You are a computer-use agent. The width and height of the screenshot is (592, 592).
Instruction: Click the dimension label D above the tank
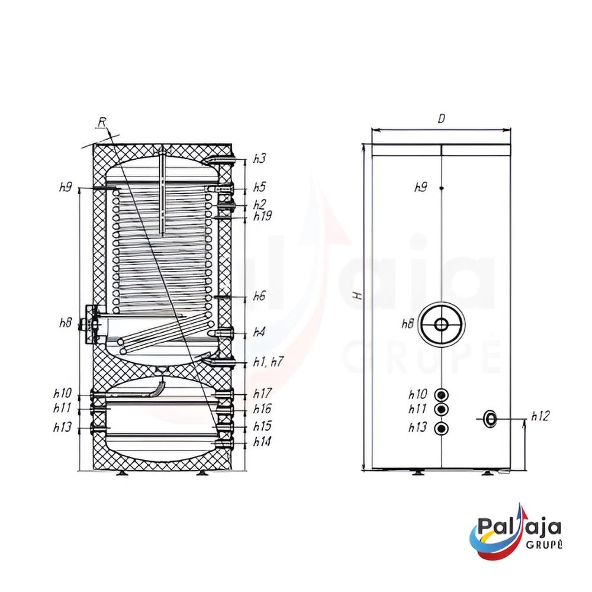[x=442, y=119]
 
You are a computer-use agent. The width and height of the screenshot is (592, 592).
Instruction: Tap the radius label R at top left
[x=102, y=122]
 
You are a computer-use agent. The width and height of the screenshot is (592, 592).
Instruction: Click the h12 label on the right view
[x=540, y=416]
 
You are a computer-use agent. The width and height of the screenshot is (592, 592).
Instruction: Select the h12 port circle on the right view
[x=490, y=419]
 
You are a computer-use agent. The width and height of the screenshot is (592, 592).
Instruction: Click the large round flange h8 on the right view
[x=441, y=324]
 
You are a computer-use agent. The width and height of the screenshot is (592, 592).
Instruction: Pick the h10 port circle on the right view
[x=441, y=395]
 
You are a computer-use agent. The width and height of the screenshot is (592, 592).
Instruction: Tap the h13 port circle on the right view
[x=441, y=428]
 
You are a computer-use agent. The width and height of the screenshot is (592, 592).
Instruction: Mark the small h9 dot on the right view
[x=442, y=188]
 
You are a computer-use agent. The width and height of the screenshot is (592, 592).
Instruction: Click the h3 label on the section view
[x=259, y=159]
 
